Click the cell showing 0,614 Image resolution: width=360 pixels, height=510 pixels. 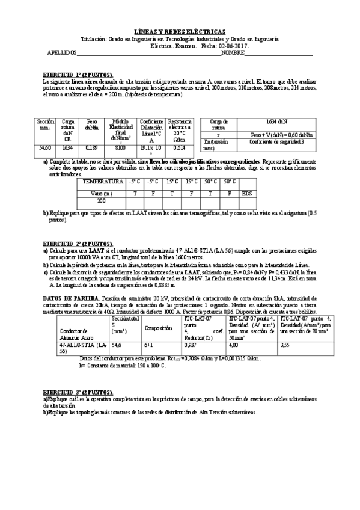(178, 147)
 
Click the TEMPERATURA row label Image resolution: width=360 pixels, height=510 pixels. (105, 181)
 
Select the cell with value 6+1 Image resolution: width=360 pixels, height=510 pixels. (150, 345)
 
